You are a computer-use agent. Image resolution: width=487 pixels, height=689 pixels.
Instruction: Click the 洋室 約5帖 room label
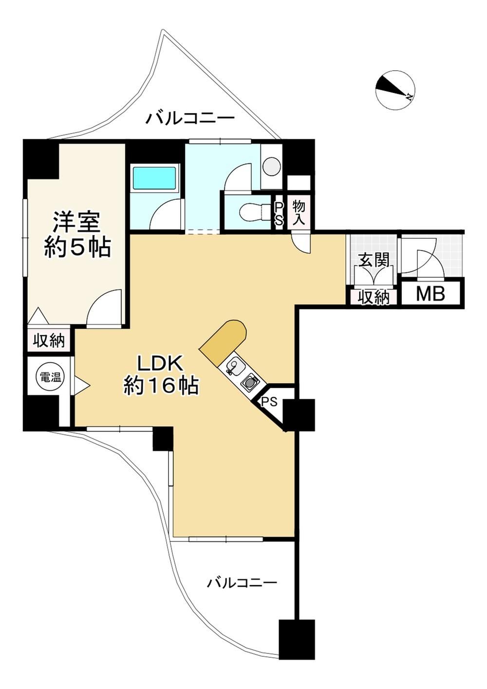click(77, 234)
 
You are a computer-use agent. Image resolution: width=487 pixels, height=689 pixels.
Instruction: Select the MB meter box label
click(431, 294)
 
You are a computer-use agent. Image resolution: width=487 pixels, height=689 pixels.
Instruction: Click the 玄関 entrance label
click(374, 261)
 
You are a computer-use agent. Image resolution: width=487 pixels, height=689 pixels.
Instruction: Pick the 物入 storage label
click(298, 212)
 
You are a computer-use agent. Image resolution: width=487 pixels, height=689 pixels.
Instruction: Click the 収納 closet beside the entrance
click(374, 297)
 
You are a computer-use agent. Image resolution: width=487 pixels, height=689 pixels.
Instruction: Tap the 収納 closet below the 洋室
click(49, 341)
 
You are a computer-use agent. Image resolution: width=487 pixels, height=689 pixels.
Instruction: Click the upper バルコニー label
click(190, 118)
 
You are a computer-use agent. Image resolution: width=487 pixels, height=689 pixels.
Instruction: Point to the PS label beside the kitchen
click(269, 402)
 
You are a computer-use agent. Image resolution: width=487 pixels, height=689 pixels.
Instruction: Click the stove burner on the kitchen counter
click(249, 383)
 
